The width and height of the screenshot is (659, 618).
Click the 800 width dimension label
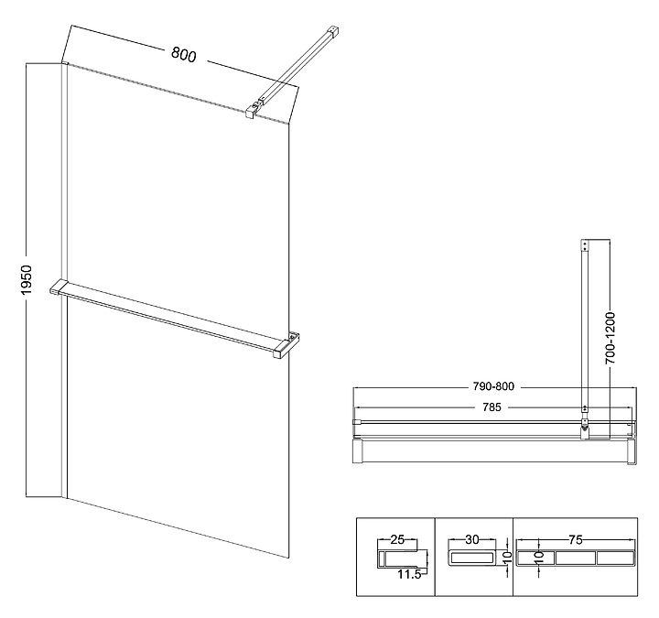183,55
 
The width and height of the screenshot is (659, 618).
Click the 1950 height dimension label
27,280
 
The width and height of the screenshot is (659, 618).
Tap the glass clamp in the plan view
584,424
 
